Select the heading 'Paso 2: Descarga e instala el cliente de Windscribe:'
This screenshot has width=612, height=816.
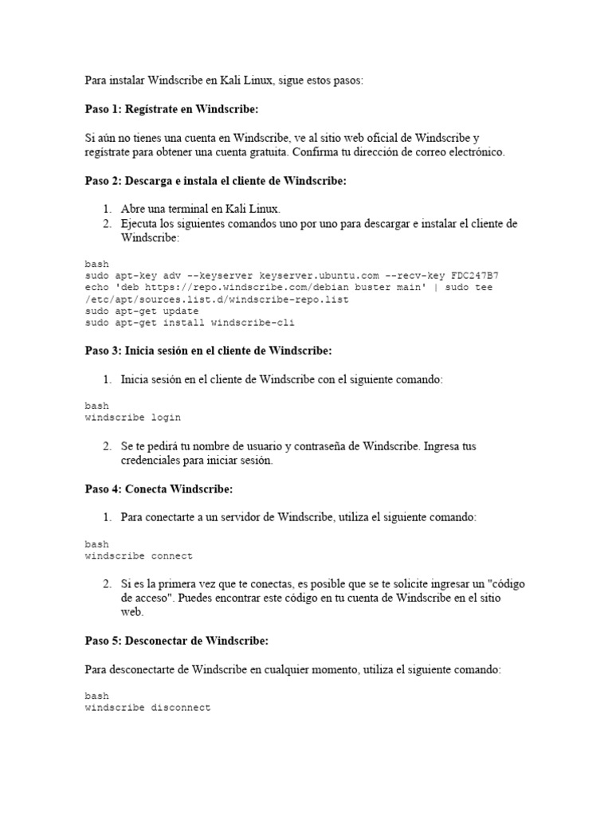(x=215, y=181)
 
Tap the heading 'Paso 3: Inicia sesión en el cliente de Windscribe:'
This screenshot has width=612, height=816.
(x=208, y=350)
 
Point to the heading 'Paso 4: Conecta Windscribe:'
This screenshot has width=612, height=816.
(x=159, y=488)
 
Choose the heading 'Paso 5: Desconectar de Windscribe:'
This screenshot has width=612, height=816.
(x=176, y=641)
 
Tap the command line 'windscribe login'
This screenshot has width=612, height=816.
(x=132, y=418)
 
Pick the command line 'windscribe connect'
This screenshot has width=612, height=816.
(x=139, y=556)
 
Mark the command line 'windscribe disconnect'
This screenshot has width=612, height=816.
(x=147, y=708)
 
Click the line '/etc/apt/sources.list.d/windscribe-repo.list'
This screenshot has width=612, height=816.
(x=217, y=300)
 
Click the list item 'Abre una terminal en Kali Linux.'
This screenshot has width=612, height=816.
(x=201, y=209)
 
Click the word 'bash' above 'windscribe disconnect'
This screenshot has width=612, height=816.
(x=97, y=696)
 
